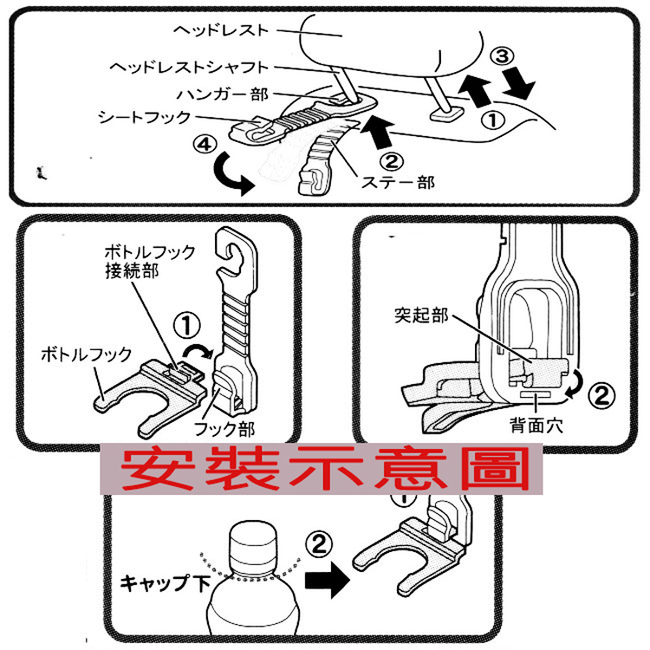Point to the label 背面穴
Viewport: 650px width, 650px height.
click(531, 426)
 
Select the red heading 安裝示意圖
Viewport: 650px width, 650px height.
click(325, 468)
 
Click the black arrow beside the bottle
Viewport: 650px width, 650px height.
click(322, 581)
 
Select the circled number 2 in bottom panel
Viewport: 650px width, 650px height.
click(320, 545)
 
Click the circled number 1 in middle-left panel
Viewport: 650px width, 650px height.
click(189, 325)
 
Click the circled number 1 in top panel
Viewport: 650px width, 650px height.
click(492, 120)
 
